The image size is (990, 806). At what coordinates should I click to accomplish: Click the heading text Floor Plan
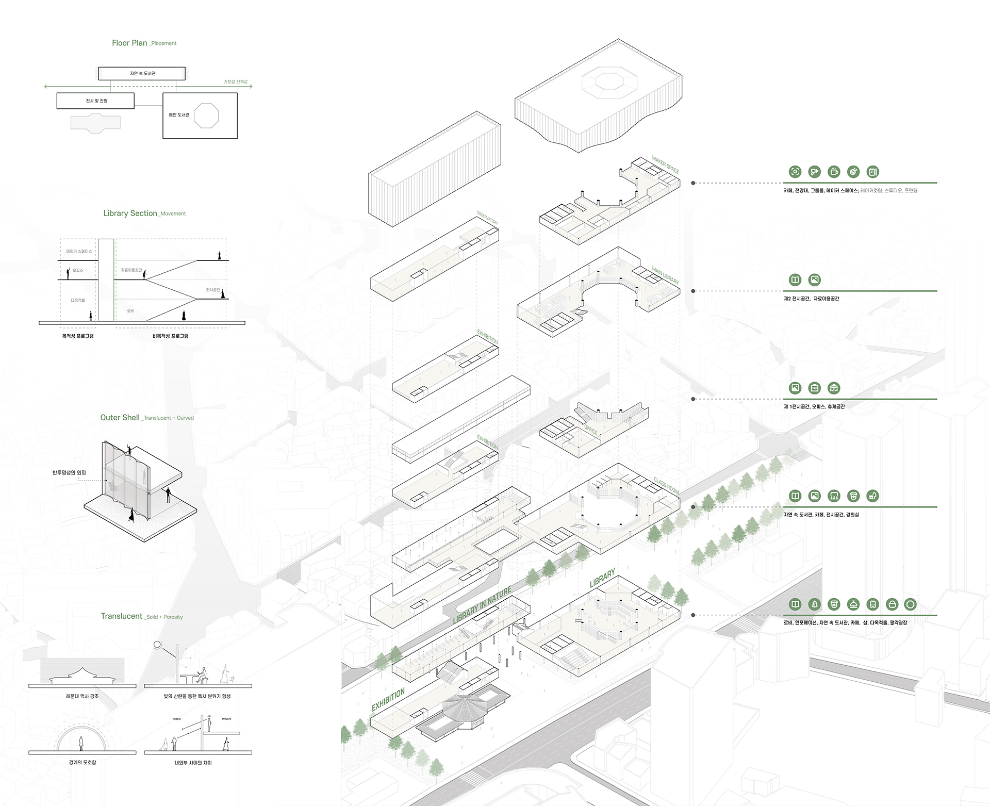[129, 43]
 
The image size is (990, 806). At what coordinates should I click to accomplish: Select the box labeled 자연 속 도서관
[142, 73]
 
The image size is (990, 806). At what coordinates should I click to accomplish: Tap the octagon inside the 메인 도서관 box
[206, 115]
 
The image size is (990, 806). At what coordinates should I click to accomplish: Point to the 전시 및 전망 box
[96, 101]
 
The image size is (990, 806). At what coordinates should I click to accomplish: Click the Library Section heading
[130, 213]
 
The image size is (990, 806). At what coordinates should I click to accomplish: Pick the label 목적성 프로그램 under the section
[78, 336]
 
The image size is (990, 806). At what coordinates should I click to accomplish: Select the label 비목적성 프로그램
[170, 336]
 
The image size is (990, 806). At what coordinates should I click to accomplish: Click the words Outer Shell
[120, 417]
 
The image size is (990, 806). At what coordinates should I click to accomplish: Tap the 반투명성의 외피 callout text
[69, 472]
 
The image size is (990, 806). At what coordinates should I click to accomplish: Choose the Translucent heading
[122, 616]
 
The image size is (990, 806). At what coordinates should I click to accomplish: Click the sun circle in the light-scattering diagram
[157, 645]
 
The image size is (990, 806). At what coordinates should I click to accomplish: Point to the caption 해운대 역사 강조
[82, 696]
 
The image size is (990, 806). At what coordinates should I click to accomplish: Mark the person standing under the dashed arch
[81, 743]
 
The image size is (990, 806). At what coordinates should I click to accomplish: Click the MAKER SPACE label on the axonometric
[665, 164]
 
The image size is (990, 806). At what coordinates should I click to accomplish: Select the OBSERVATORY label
[487, 217]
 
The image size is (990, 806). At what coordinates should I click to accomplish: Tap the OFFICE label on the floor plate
[591, 430]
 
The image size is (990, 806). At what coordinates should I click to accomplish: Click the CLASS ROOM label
[666, 485]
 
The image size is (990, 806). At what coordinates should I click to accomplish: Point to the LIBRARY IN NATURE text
[482, 605]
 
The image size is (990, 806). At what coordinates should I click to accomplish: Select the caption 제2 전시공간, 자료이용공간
[811, 299]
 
